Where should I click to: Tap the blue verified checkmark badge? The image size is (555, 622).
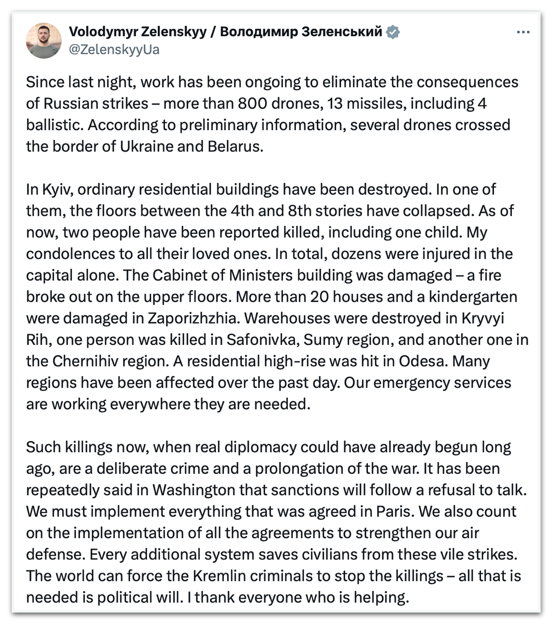point(393,32)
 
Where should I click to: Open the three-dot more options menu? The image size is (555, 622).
point(523,33)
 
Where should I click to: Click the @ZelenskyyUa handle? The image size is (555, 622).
point(114,50)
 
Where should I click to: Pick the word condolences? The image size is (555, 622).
point(70,254)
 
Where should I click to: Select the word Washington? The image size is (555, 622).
point(194,490)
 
